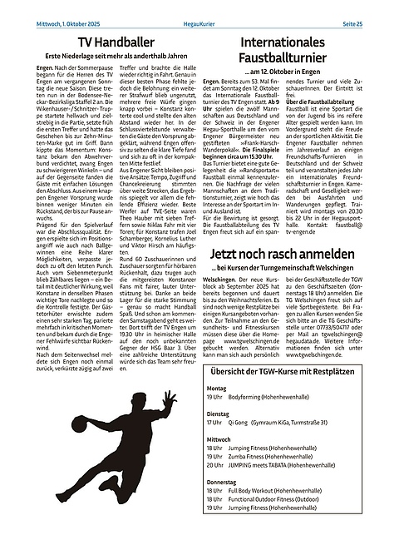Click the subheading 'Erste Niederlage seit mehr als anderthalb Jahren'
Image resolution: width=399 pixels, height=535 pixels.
[x=106, y=58]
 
